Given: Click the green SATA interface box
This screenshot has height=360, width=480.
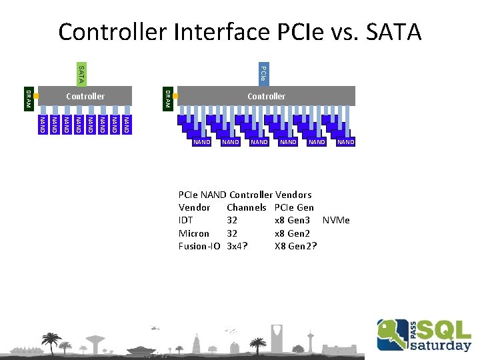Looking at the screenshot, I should [80, 74].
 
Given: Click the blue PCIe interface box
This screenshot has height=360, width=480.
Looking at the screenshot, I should [263, 74].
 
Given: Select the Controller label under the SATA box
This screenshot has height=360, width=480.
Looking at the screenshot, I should [85, 97].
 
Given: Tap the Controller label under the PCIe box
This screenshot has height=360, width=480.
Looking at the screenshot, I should [266, 97].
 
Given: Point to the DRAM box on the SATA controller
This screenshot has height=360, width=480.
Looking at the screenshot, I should [28, 97].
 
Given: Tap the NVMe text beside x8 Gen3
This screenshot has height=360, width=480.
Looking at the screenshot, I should [336, 221].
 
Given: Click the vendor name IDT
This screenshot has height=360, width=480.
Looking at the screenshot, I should [186, 221].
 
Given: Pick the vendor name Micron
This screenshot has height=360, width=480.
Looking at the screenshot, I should [193, 233].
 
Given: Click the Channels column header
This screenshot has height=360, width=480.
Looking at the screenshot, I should [246, 208].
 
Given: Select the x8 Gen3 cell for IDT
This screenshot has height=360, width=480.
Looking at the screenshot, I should [292, 221].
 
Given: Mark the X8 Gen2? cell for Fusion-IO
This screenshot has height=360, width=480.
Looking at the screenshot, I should [295, 246].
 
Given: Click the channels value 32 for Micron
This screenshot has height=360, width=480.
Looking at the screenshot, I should [232, 233].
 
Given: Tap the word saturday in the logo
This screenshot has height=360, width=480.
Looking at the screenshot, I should [440, 345].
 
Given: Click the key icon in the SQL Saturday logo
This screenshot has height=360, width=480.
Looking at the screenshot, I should [392, 333].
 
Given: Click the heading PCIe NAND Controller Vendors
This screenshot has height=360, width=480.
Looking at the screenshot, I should [245, 195].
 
